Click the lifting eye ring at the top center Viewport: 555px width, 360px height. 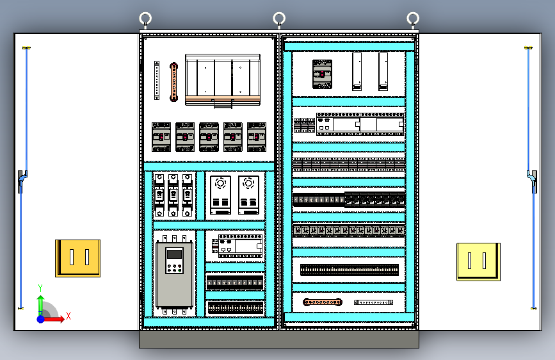point(279,18)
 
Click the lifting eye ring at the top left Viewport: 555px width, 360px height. point(145,18)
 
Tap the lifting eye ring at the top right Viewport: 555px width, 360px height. point(413,18)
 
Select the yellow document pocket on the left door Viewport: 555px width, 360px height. point(77,258)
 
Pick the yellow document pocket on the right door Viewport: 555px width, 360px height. point(478,261)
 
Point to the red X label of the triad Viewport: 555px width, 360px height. point(68,316)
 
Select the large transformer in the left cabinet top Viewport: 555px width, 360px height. point(223,79)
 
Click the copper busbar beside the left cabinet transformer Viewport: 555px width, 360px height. point(173,81)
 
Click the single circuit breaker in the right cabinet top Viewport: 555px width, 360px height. point(322,74)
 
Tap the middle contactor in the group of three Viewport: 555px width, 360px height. point(173,194)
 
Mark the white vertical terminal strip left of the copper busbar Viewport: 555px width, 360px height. point(156,80)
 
